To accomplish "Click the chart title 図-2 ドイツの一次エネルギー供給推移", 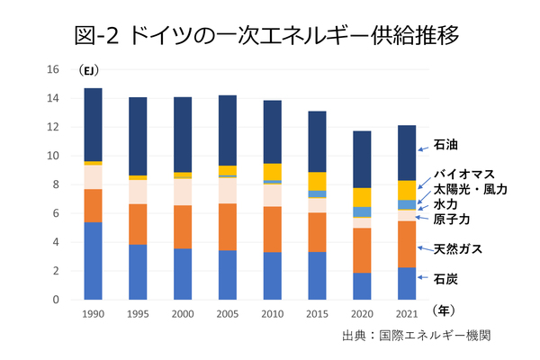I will pyautogui.click(x=269, y=35).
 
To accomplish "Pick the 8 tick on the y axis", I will pyautogui.click(x=56, y=184).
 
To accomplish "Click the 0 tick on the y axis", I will pyautogui.click(x=56, y=300).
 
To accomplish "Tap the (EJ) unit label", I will pyautogui.click(x=90, y=70).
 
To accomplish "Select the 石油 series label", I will pyautogui.click(x=446, y=144).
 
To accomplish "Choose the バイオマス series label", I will pyautogui.click(x=464, y=175).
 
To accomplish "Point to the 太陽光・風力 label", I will pyautogui.click(x=470, y=190).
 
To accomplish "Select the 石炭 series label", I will pyautogui.click(x=446, y=280).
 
